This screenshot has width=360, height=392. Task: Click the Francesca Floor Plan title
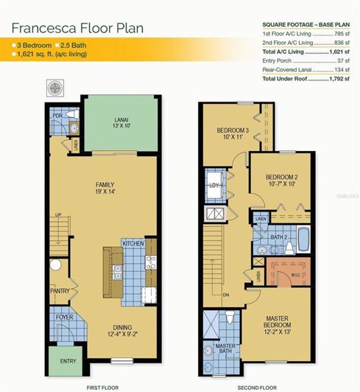(x=77, y=29)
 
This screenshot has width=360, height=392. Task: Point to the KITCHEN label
(x=133, y=243)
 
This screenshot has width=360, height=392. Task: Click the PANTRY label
(x=60, y=291)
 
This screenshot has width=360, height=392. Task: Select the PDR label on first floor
(x=57, y=116)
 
